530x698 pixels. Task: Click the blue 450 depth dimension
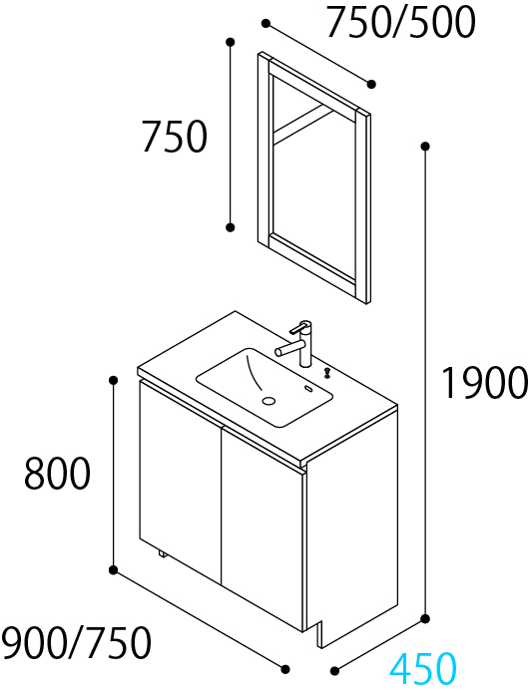click(x=423, y=668)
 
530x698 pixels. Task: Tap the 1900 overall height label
click(x=484, y=382)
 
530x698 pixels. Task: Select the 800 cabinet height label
click(x=57, y=474)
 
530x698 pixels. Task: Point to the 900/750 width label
click(x=76, y=642)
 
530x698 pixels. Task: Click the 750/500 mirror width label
click(x=401, y=22)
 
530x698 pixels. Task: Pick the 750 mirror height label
click(x=175, y=137)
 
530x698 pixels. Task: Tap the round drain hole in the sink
click(x=268, y=401)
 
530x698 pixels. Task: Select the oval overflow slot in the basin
click(x=308, y=389)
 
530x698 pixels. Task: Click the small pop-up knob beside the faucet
click(x=328, y=372)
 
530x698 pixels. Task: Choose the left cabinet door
click(x=181, y=481)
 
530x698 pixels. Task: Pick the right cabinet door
click(x=263, y=528)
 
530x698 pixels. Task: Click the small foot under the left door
click(x=163, y=554)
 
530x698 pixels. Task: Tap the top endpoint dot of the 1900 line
click(x=425, y=146)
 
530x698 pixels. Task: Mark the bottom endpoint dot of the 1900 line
click(x=425, y=618)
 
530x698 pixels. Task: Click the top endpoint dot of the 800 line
click(x=113, y=380)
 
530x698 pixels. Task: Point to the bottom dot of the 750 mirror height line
click(x=230, y=227)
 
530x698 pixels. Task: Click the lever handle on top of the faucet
click(x=297, y=328)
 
